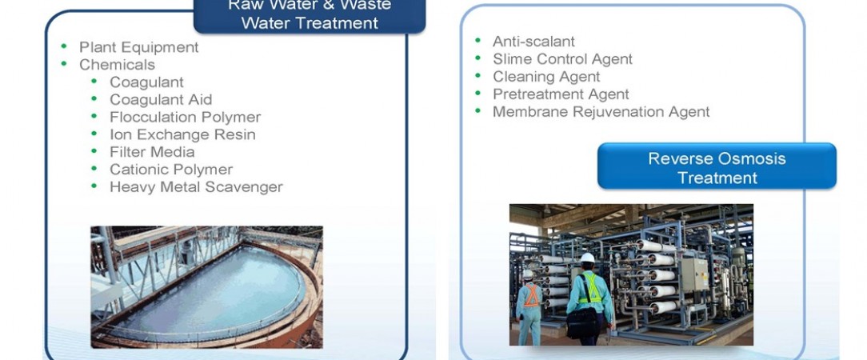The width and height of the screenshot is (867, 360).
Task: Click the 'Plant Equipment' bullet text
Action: pyautogui.click(x=139, y=47)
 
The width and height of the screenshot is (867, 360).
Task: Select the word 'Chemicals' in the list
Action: pyautogui.click(x=117, y=65)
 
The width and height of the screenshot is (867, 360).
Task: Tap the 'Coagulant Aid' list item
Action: pyautogui.click(x=161, y=99)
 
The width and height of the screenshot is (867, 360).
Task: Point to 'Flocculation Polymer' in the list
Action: pyautogui.click(x=186, y=118)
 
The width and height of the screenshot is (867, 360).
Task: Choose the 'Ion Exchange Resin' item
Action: pyautogui.click(x=182, y=134)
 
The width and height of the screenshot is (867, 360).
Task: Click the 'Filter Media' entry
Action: pyautogui.click(x=152, y=151)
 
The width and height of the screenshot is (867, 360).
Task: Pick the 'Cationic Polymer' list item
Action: pyautogui.click(x=171, y=170)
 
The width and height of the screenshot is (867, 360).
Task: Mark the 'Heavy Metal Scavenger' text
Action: pyautogui.click(x=196, y=187)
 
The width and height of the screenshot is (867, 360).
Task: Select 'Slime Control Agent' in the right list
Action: pyautogui.click(x=562, y=59)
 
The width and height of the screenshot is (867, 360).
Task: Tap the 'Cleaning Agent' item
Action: pyautogui.click(x=546, y=76)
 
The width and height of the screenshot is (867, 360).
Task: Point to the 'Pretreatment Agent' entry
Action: pyautogui.click(x=561, y=94)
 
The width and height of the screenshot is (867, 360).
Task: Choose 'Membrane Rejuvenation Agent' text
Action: pyautogui.click(x=601, y=112)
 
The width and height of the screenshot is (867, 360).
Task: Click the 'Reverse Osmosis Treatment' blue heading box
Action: pyautogui.click(x=717, y=166)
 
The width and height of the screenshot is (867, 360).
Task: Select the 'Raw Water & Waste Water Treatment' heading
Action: pyautogui.click(x=310, y=15)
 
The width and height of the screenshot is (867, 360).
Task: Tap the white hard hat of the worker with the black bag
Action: pyautogui.click(x=587, y=258)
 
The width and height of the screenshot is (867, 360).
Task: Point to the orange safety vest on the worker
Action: pyautogui.click(x=531, y=295)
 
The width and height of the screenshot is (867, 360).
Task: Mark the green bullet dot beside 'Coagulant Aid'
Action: pyautogui.click(x=94, y=99)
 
